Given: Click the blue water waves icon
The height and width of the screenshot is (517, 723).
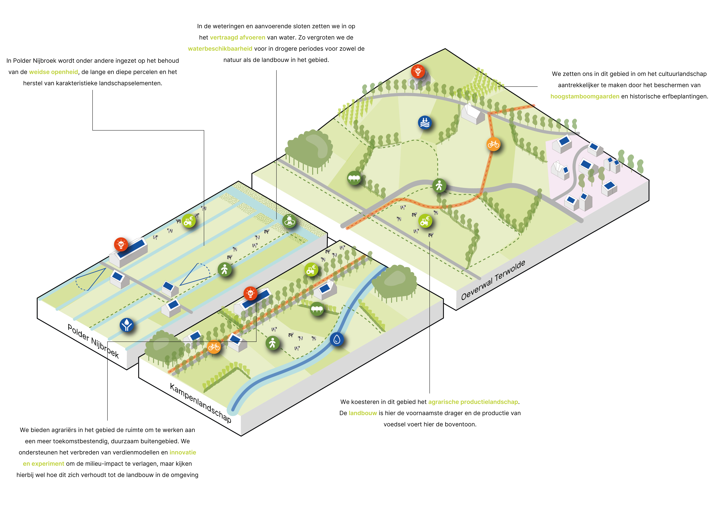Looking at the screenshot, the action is [x=425, y=122].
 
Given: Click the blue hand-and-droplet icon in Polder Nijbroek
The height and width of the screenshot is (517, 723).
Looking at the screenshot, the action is [x=127, y=325].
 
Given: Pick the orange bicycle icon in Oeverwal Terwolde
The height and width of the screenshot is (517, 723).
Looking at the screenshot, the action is [x=493, y=144].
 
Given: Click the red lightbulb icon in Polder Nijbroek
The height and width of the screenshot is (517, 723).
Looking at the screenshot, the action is [x=121, y=244].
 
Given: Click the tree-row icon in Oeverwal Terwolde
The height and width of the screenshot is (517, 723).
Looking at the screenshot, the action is [x=354, y=178].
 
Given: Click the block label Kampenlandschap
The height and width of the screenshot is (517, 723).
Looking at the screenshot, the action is [x=201, y=403].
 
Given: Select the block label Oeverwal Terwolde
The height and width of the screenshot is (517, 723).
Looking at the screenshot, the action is [x=493, y=280].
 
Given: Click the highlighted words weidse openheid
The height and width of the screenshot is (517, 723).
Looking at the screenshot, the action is [x=54, y=72].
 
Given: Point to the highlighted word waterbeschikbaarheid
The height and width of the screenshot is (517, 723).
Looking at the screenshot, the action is [x=220, y=49].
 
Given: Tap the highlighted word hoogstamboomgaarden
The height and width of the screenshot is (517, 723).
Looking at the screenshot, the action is [x=585, y=96].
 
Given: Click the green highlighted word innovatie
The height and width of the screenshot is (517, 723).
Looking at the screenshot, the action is [x=183, y=452].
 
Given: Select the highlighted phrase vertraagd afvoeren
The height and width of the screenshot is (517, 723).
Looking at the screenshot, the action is [x=237, y=38].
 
